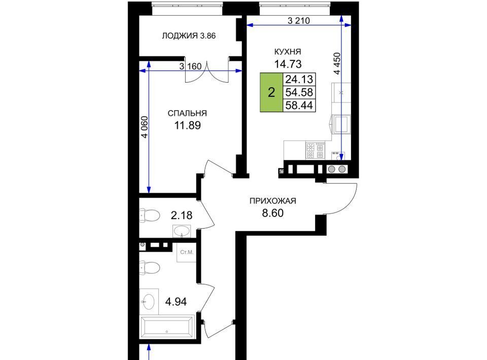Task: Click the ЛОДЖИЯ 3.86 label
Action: pos(189,35)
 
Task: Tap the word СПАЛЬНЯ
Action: pos(187,113)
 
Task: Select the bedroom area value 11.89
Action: pos(187,125)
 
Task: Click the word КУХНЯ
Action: pos(288,52)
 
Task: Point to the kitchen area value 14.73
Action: pos(288,64)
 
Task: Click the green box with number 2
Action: pos(271,92)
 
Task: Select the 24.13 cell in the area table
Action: pos(299,79)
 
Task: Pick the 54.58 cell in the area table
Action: pos(299,92)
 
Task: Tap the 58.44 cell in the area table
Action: pos(299,105)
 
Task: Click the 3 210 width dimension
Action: pos(299,21)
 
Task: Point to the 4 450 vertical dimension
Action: pos(337,63)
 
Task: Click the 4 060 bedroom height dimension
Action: pos(145,127)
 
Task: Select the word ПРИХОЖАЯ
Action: pos(273,201)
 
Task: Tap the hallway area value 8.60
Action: pos(273,213)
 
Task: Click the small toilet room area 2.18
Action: pos(182,215)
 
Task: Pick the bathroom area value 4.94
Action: pos(176,302)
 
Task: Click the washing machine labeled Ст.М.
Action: pos(187,253)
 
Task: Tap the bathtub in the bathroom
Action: pos(167,327)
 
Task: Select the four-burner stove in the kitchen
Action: pos(315,151)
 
